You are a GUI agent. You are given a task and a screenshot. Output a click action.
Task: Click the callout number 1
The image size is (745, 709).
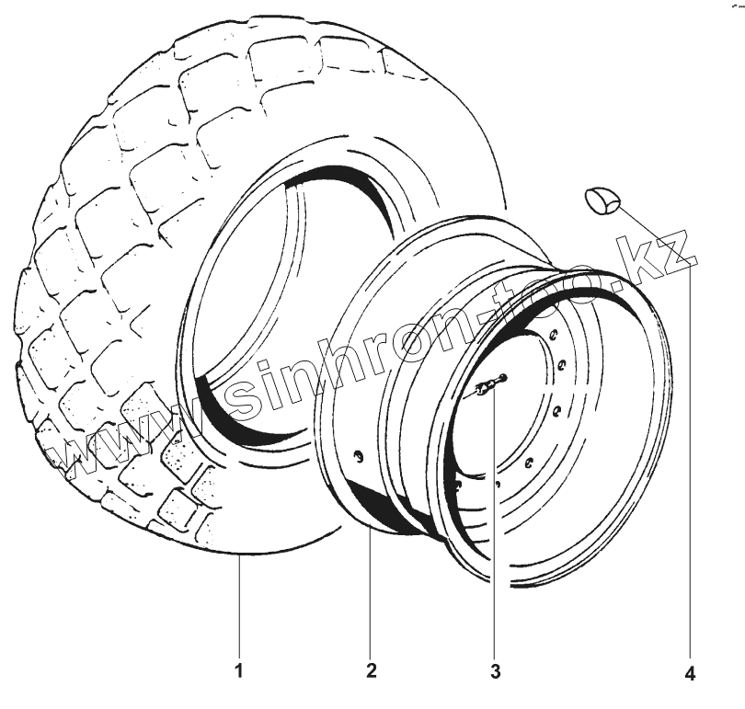[x=239, y=671]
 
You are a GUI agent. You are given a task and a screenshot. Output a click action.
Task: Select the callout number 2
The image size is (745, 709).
[x=372, y=670]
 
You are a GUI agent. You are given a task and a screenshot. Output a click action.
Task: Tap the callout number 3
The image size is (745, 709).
[x=495, y=671]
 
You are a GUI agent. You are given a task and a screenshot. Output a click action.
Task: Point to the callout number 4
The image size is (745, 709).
[x=691, y=673]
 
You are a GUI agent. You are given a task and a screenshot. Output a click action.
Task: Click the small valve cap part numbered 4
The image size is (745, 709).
[x=603, y=200]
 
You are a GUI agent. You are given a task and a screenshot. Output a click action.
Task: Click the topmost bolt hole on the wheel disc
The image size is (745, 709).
[x=554, y=335]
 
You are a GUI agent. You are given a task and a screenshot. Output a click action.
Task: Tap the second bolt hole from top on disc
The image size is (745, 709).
[x=562, y=365]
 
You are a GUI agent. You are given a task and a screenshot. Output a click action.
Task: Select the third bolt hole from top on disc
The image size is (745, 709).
[x=556, y=410]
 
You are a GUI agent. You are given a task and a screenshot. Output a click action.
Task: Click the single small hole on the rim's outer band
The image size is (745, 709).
[x=360, y=457]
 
